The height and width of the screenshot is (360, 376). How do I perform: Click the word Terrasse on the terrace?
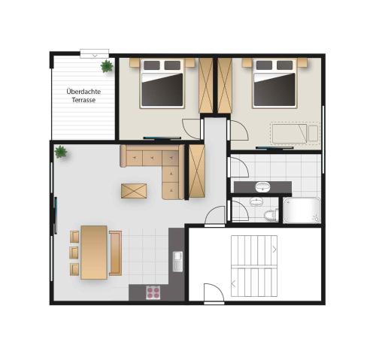coord(83,100)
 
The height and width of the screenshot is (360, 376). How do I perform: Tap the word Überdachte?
coord(83,91)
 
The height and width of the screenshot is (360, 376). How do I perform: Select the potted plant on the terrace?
coord(107,66)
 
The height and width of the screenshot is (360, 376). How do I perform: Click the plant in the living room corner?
coord(61,152)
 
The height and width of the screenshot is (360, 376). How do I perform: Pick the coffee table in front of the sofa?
coord(134,191)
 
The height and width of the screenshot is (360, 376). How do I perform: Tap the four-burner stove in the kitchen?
coord(153,292)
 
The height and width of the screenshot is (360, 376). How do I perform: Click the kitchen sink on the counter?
coord(177,262)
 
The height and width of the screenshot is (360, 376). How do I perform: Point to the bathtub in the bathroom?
coord(302,210)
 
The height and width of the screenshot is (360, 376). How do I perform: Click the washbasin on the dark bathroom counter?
coord(262,187)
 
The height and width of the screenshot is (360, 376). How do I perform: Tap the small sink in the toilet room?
coord(256,202)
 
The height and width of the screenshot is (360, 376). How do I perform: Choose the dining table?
coord(94,253)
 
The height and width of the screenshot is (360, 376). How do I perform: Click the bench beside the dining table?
coord(116,253)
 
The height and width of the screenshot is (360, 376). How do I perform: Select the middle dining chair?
coord(74,253)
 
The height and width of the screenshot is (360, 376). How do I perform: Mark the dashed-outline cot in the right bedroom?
coord(295,134)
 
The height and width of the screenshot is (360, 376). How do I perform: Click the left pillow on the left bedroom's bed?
coord(152,65)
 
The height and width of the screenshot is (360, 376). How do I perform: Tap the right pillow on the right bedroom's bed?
coord(284,65)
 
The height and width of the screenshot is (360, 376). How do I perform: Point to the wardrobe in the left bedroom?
coord(206,86)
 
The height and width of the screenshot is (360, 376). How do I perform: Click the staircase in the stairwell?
coord(254,266)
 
